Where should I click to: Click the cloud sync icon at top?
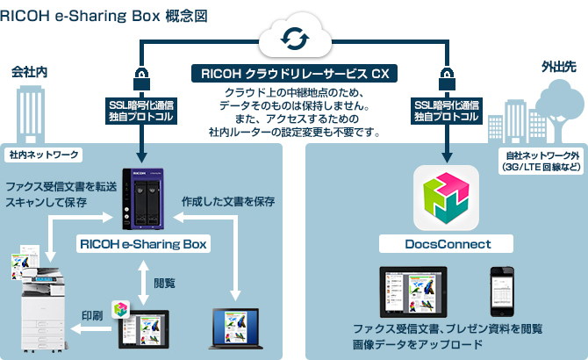[293, 39]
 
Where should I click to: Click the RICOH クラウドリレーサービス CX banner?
[294, 73]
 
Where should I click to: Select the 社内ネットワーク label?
[44, 155]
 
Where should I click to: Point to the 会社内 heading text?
[28, 70]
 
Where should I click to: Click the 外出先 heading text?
[560, 68]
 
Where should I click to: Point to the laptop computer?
[237, 326]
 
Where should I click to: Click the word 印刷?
[94, 314]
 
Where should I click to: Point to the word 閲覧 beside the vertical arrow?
[165, 283]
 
